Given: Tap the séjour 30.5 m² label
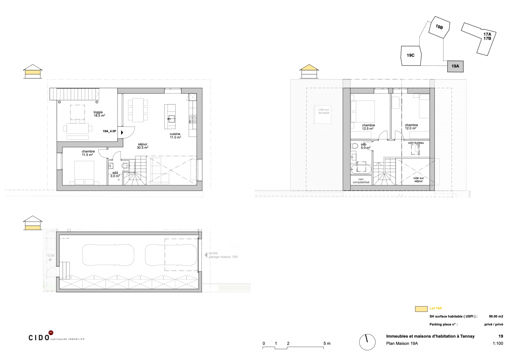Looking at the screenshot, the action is pos(142,146).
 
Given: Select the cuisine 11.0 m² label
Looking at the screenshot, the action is pos(175,136).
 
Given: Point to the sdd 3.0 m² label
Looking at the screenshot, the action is pos(115,174).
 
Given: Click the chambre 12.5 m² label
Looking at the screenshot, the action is pos(368,127).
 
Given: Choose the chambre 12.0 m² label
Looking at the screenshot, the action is pos(411,127).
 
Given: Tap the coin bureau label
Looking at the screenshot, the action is pos(416,143).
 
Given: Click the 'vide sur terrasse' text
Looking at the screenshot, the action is pos(324,111).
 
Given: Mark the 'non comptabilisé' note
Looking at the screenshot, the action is pos(361,181).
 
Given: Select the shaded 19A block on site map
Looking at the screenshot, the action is pos(455,66).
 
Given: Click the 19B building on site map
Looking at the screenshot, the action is pos(439,27).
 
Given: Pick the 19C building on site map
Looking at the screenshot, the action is pos(411,56).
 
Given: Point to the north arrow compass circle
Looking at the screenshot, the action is pos(367,342).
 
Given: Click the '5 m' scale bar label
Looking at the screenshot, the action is pos(327,343).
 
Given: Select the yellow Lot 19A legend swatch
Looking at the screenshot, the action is pos(421,309).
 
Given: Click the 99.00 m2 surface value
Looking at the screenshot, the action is pos(496,316).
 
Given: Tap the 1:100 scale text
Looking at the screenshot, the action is pos(498,343).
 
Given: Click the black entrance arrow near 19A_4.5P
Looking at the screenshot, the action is pos(122,132).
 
